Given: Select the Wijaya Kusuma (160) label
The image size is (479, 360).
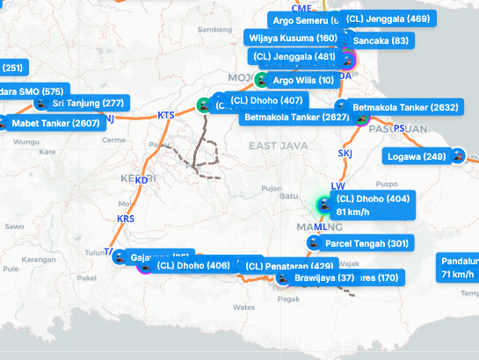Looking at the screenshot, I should coord(293,39).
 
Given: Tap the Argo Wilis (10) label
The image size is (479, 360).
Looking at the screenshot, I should coord(303,81).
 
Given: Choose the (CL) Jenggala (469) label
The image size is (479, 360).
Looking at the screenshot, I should coord(388,18).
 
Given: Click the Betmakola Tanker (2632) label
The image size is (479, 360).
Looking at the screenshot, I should coord(405,108).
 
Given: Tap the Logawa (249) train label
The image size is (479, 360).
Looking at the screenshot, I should coord(417,156).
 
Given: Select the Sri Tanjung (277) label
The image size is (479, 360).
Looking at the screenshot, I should coord(88,104).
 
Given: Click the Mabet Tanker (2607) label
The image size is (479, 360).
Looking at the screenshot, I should coord(55,123).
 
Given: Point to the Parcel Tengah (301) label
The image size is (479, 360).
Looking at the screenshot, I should coord(367,243).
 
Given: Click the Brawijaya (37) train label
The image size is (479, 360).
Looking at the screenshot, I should coord(323,278).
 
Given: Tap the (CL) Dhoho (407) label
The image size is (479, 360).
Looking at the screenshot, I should coord(264,100).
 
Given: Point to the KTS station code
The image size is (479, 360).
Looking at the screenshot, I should coord(165,116).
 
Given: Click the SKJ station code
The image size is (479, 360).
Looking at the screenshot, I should coord(345,154).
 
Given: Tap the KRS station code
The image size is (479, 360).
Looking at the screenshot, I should coord(126,219).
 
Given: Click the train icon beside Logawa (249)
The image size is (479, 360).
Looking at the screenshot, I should coord(457,156).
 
